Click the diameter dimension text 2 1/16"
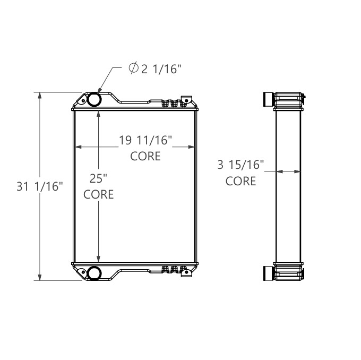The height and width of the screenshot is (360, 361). coord(161,68)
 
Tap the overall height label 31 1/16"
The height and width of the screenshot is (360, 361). coord(41,186)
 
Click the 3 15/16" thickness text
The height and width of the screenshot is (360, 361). coord(240,165)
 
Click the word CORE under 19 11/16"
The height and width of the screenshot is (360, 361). coord(145,157)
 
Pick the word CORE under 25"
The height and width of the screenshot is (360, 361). coord(99,194)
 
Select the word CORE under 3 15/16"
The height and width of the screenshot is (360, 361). coord(240,181)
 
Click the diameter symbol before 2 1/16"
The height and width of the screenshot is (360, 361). coord(134,68)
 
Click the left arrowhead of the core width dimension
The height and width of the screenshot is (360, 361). coord(78,147)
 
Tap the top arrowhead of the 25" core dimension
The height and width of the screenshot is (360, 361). coord(99,114)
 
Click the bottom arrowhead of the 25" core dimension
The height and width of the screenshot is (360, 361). coord(99,259)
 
